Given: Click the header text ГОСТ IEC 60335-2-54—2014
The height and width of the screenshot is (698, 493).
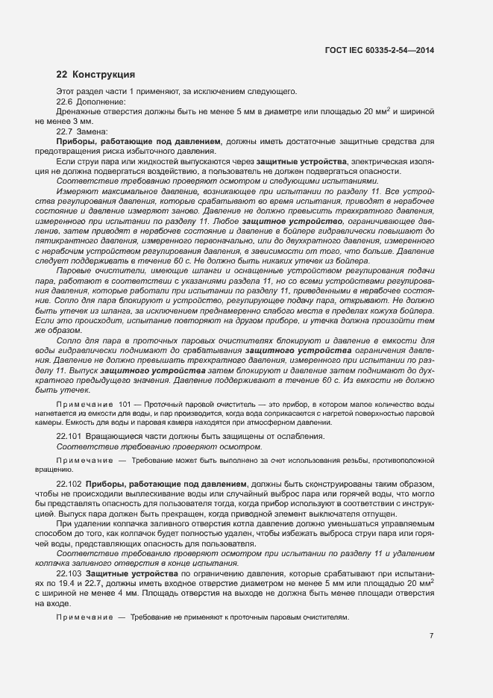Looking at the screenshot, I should (x=380, y=50).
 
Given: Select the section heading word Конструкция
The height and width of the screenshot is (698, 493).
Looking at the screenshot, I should (x=104, y=75).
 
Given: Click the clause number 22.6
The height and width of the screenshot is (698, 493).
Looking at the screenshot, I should (x=66, y=102).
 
